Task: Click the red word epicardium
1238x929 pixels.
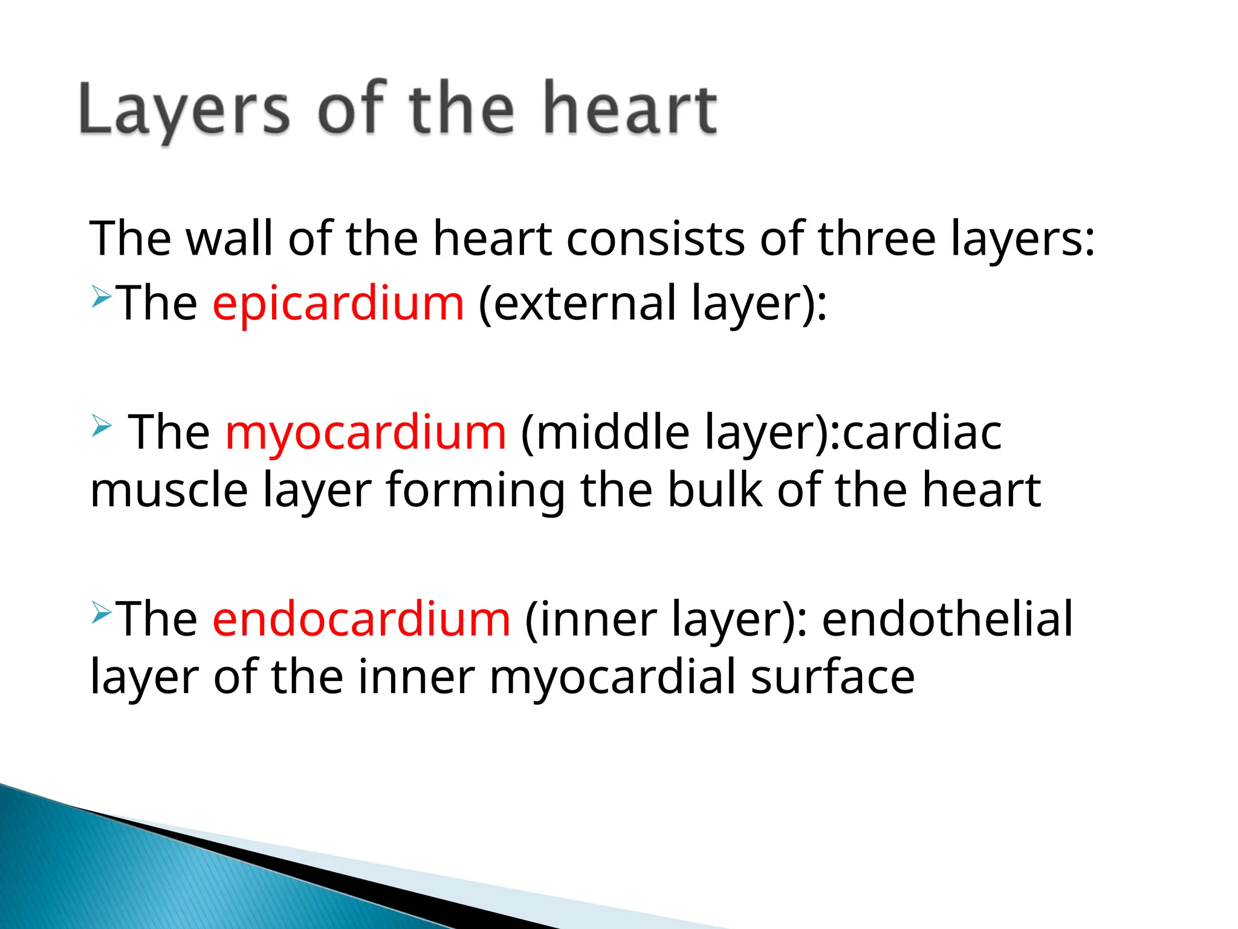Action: click(x=338, y=303)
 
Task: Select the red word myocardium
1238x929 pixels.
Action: click(x=366, y=432)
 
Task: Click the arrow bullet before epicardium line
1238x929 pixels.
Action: click(x=102, y=297)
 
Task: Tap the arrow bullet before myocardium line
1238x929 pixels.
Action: click(x=102, y=426)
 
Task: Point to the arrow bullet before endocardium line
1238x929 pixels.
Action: click(x=102, y=613)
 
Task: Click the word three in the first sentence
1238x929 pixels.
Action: click(x=877, y=238)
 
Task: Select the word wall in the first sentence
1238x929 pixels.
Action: click(x=229, y=238)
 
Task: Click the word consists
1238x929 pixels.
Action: click(x=655, y=238)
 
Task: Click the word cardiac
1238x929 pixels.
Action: click(x=922, y=432)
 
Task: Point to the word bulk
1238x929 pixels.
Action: click(x=715, y=489)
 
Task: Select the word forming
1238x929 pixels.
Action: click(x=476, y=491)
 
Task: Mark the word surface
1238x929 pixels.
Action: click(x=832, y=677)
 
